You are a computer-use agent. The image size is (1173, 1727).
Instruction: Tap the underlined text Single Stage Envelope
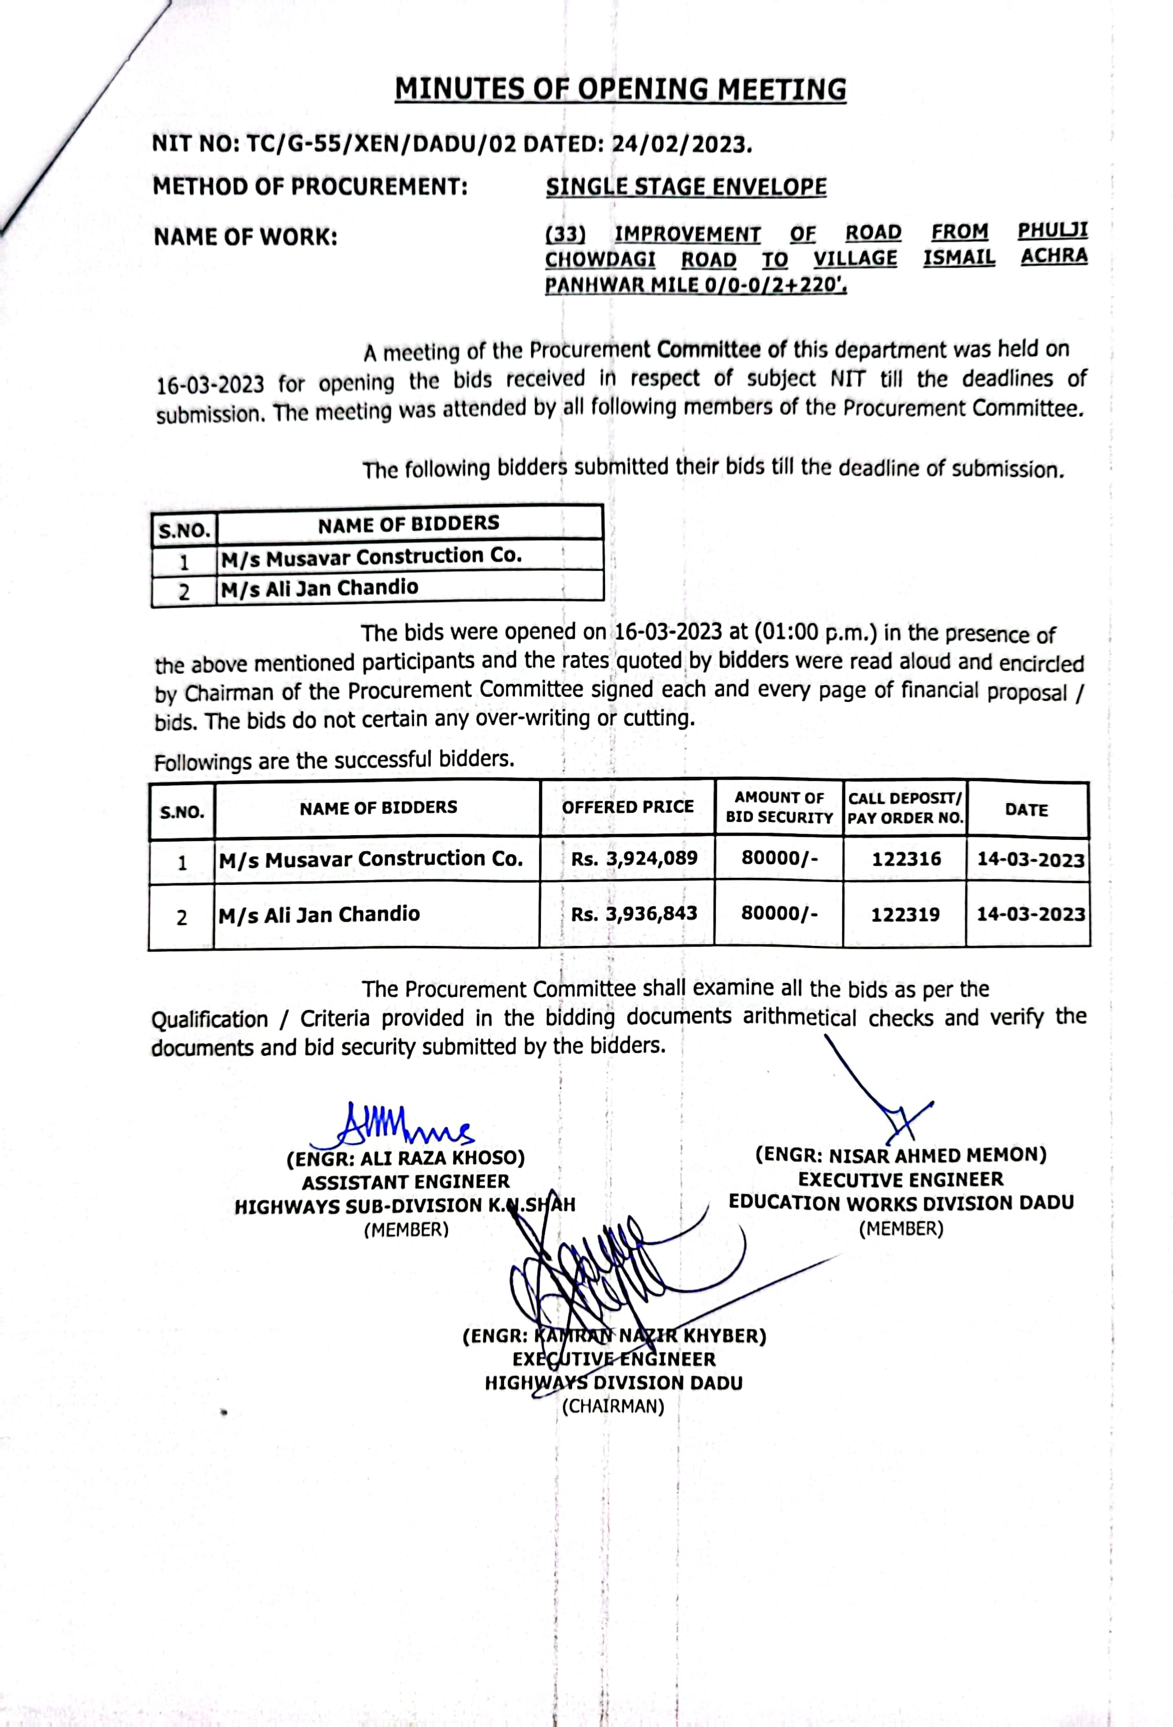pyautogui.click(x=685, y=186)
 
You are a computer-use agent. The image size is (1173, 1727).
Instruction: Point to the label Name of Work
pyautogui.click(x=245, y=238)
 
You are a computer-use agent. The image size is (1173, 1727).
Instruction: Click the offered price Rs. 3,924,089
pyautogui.click(x=634, y=858)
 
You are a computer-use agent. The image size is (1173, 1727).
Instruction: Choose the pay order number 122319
pyautogui.click(x=905, y=914)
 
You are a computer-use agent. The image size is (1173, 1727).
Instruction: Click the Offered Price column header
pyautogui.click(x=627, y=807)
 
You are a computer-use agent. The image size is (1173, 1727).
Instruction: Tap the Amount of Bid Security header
pyautogui.click(x=779, y=808)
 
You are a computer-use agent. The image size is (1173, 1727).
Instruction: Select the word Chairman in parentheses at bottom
pyautogui.click(x=612, y=1406)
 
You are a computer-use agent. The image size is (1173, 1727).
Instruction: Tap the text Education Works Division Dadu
pyautogui.click(x=901, y=1202)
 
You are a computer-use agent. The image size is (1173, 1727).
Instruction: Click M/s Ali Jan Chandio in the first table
pyautogui.click(x=320, y=588)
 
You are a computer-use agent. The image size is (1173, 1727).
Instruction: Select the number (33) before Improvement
pyautogui.click(x=566, y=234)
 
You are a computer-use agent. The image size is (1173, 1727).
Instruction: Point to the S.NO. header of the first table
pyautogui.click(x=184, y=530)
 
